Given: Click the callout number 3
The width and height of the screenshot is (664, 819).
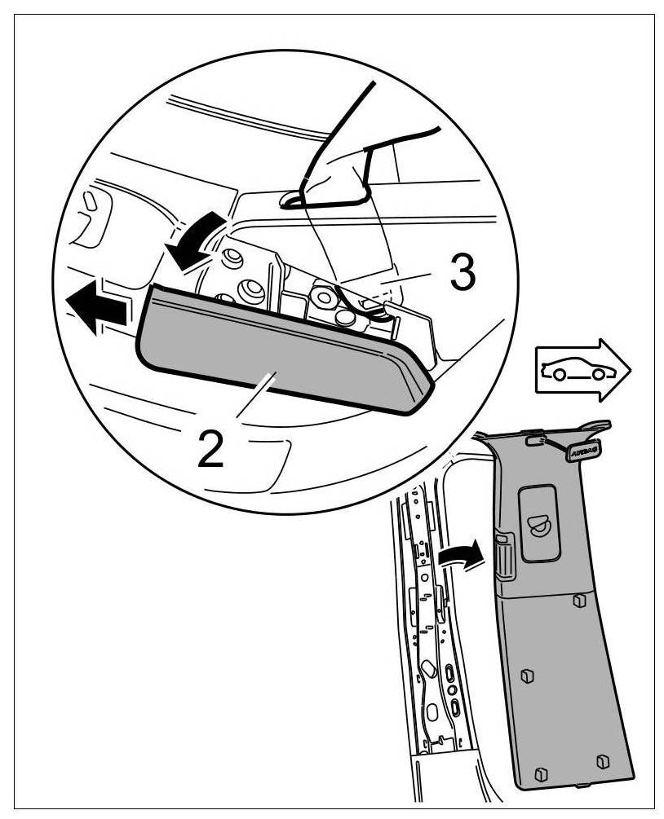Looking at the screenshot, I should click(x=461, y=276).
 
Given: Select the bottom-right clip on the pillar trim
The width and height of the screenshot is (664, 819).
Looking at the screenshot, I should click(x=601, y=761).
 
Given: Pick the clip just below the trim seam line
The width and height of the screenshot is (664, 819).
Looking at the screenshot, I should click(x=578, y=600).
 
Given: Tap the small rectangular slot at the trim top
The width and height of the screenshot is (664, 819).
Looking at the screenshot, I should click(x=535, y=439).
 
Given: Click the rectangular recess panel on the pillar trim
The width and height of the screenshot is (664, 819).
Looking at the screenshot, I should click(x=539, y=522).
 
